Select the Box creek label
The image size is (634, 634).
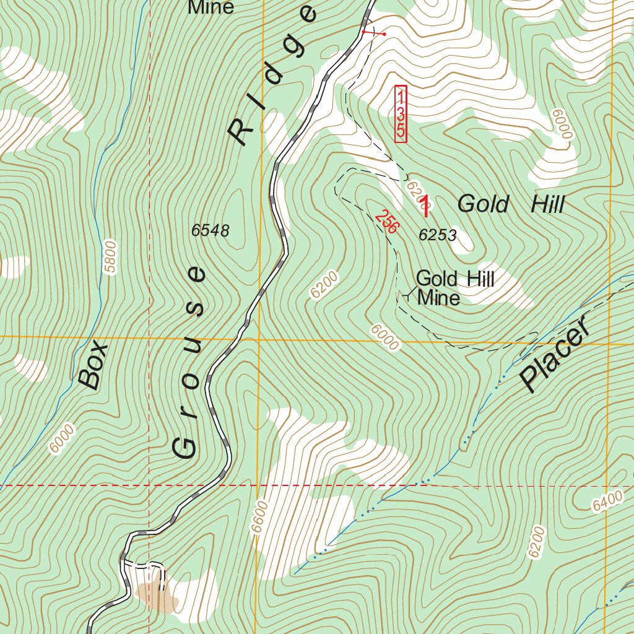pyautogui.click(x=93, y=365)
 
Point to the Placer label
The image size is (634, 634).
pyautogui.click(x=554, y=359)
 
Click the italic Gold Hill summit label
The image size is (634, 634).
pyautogui.click(x=511, y=204)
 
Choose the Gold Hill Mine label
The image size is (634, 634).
pyautogui.click(x=454, y=288)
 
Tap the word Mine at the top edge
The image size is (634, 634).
pyautogui.click(x=211, y=7)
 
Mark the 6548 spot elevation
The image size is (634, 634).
pyautogui.click(x=211, y=231)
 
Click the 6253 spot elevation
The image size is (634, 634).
pyautogui.click(x=438, y=235)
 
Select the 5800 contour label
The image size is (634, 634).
pyautogui.click(x=110, y=254)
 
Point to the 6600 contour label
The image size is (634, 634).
pyautogui.click(x=259, y=516)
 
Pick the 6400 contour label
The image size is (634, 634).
pyautogui.click(x=606, y=502)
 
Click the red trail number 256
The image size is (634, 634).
pyautogui.click(x=386, y=222)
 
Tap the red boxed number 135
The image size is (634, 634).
pyautogui.click(x=401, y=114)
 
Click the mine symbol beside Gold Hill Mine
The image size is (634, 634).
pyautogui.click(x=406, y=296)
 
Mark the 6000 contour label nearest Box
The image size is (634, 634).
pyautogui.click(x=63, y=438)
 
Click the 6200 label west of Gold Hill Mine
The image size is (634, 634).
pyautogui.click(x=324, y=285)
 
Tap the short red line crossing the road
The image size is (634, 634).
pyautogui.click(x=373, y=32)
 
